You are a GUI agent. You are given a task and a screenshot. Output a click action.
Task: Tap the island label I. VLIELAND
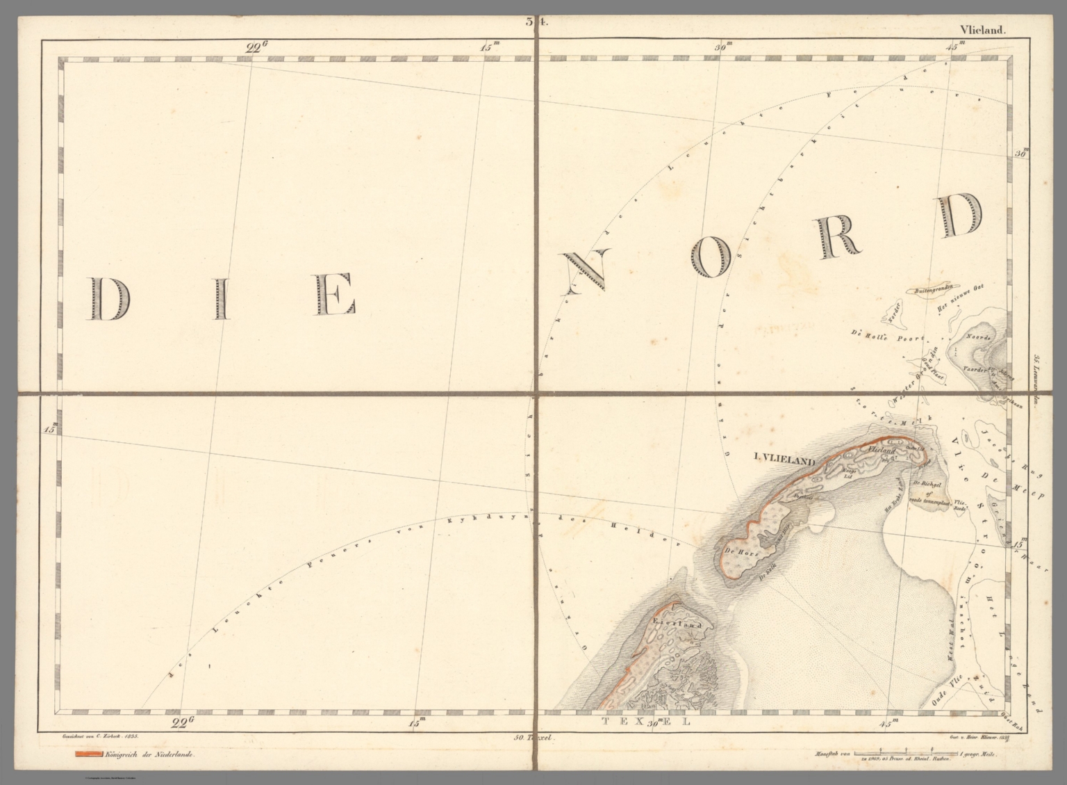[x=785, y=457]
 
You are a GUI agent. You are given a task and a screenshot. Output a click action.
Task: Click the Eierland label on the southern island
[x=673, y=623]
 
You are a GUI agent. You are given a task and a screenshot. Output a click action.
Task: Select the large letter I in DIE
[x=222, y=298]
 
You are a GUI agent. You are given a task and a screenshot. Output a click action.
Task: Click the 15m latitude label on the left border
[x=51, y=430]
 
